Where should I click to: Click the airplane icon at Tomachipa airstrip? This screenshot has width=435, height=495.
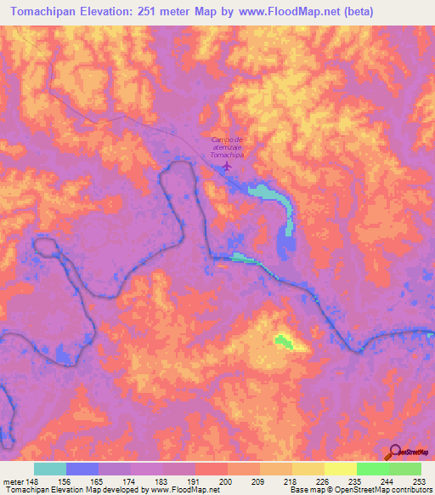[x=226, y=167]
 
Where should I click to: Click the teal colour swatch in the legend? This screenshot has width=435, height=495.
[x=50, y=469]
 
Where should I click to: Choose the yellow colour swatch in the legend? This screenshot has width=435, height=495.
[x=341, y=469]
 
